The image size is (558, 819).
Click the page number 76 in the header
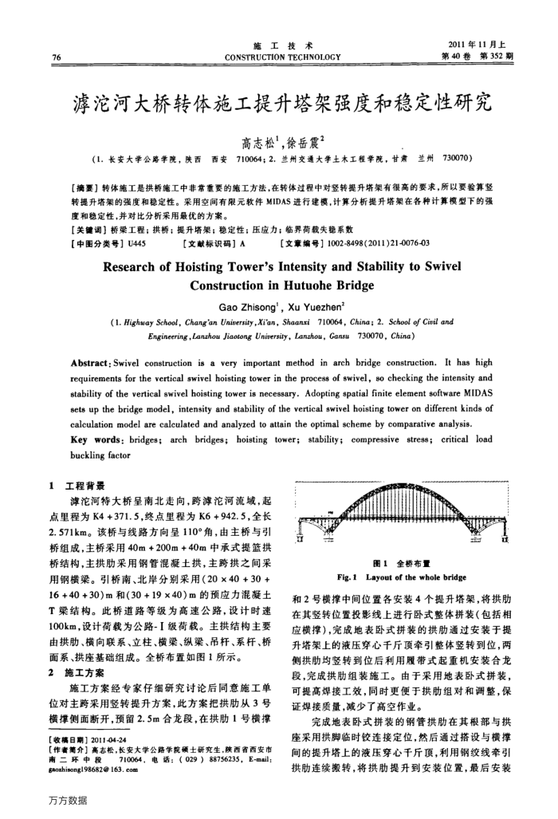57,57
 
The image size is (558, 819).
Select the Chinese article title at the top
279,101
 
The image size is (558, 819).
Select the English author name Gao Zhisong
243,304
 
